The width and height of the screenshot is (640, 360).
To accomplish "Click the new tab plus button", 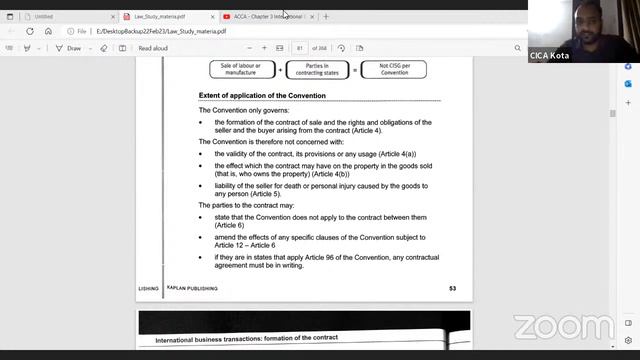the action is (x=326, y=16).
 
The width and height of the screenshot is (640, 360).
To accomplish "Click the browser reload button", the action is (x=30, y=31).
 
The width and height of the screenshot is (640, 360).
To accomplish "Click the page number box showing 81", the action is (x=299, y=48).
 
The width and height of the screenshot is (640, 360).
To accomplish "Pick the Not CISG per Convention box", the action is (x=393, y=69).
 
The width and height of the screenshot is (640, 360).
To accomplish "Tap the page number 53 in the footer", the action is (x=452, y=288).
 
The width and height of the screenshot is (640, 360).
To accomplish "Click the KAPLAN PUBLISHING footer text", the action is (x=193, y=288).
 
